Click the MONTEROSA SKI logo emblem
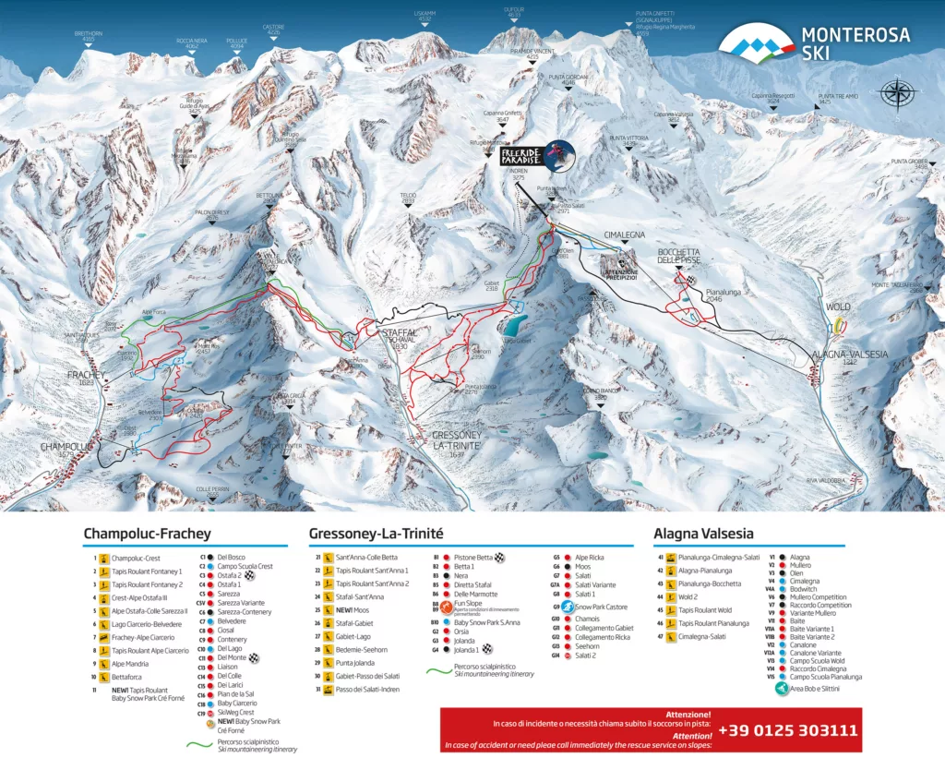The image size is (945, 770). coord(756,42)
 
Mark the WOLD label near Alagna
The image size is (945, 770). coord(838,307)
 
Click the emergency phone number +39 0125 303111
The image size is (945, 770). coord(787,730)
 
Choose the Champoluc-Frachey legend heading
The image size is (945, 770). coord(147,534)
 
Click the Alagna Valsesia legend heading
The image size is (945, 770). coord(701,533)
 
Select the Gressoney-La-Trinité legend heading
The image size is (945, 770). coord(377,534)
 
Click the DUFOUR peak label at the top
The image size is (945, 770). coord(514,10)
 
